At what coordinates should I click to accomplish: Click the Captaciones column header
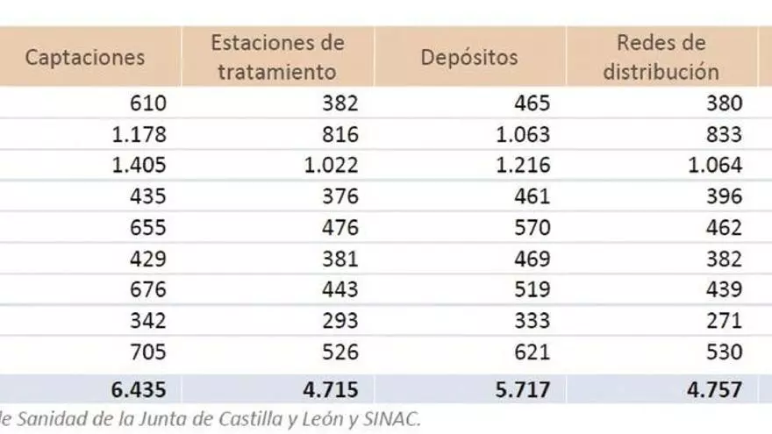(x=85, y=57)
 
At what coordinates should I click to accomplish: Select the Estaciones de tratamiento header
(x=277, y=57)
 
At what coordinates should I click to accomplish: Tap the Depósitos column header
(x=469, y=57)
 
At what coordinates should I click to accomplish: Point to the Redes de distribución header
(x=661, y=57)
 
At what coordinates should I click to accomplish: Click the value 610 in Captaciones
(x=147, y=103)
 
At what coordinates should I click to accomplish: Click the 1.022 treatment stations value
(x=331, y=165)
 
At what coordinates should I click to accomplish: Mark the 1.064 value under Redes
(x=714, y=165)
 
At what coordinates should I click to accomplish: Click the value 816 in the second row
(x=339, y=134)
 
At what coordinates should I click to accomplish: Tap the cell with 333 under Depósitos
(x=531, y=321)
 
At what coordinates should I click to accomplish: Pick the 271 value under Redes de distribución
(x=723, y=321)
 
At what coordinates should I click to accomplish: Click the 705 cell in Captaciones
(x=147, y=352)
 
